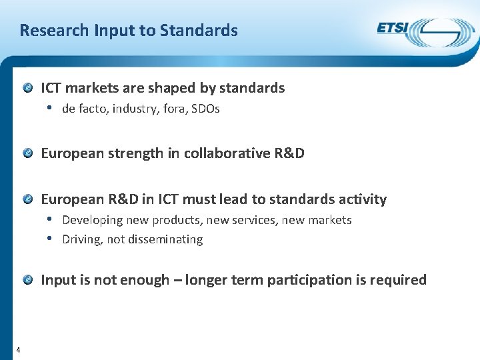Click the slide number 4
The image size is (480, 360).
coord(17,350)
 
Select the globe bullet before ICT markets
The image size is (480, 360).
coord(28,88)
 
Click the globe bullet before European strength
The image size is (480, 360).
coord(28,153)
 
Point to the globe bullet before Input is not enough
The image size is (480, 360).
coord(28,280)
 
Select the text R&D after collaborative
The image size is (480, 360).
coord(289,153)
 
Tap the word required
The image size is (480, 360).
coord(397,280)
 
